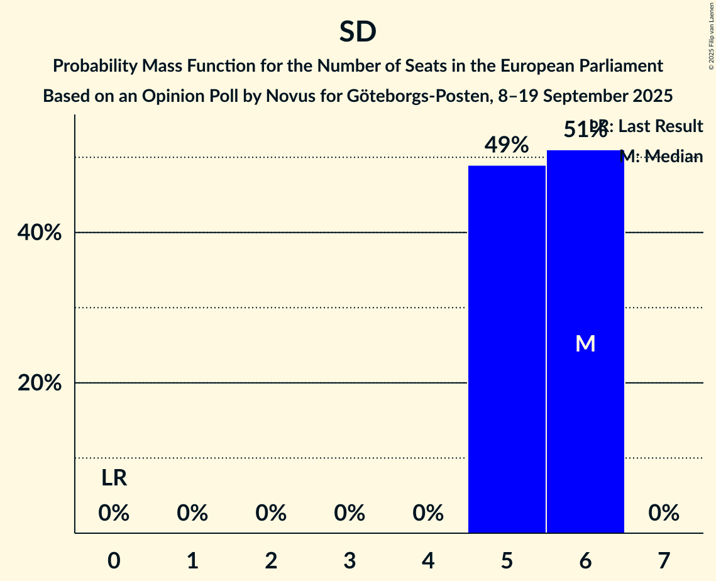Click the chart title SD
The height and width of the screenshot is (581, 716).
(x=358, y=32)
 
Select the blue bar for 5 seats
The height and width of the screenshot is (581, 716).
(x=507, y=349)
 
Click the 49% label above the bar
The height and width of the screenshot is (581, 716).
(x=507, y=145)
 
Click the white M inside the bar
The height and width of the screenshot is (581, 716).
(x=585, y=343)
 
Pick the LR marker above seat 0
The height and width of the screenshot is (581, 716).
(x=114, y=479)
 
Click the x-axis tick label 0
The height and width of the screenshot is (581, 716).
(x=114, y=560)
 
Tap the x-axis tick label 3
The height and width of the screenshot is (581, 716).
(x=350, y=560)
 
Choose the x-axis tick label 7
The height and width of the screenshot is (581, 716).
(x=664, y=560)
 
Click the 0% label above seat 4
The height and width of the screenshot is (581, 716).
(x=428, y=514)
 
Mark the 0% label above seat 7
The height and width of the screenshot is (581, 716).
(x=664, y=514)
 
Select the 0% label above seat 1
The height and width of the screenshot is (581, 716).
(x=192, y=514)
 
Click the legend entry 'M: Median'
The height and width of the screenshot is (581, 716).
(x=661, y=156)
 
